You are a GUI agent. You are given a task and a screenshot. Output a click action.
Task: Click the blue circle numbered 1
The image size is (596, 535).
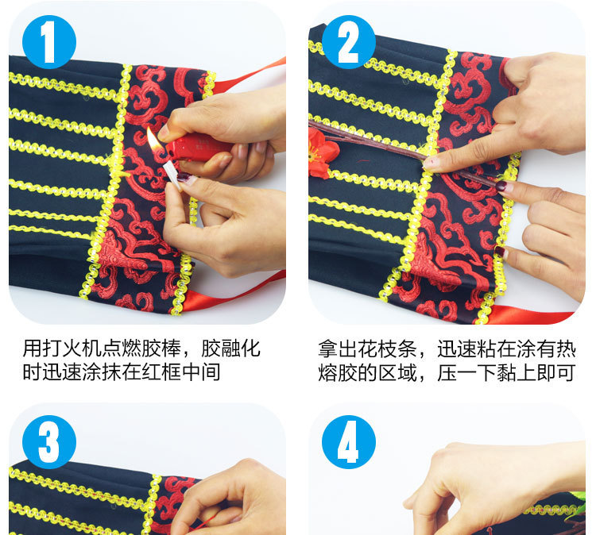click(x=49, y=42)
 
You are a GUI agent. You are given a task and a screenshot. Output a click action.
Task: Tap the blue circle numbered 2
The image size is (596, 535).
click(x=349, y=42)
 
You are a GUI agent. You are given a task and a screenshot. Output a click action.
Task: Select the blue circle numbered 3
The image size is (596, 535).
click(x=49, y=442)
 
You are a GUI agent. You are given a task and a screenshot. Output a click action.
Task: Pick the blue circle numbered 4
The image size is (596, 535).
click(x=349, y=442)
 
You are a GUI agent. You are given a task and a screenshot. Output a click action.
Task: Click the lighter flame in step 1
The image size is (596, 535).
click(x=153, y=140)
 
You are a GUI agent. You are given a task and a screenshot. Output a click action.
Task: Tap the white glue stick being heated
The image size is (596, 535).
click(x=172, y=174)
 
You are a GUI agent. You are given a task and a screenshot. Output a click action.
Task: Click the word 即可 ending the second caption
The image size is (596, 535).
click(x=555, y=372)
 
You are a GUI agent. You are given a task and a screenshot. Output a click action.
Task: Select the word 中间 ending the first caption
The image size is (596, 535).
click(x=201, y=372)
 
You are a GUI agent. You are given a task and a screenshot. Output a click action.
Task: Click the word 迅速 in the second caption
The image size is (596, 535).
click(x=456, y=348)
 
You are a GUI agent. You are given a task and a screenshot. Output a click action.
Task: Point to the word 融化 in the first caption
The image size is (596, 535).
click(x=240, y=348)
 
